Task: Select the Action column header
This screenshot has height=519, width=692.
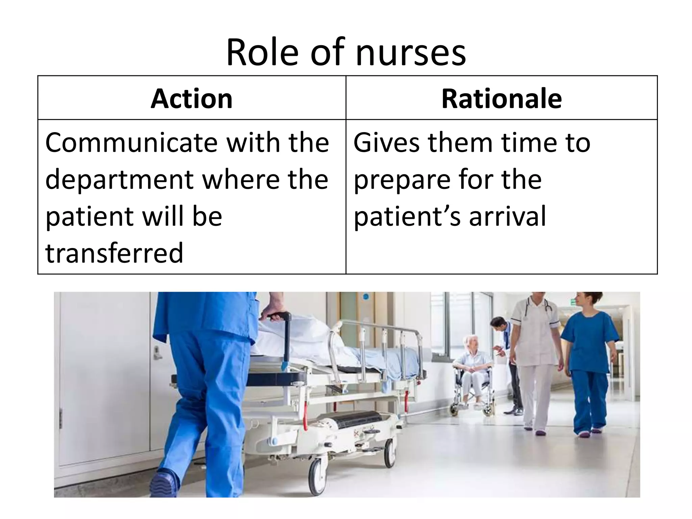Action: point(192,99)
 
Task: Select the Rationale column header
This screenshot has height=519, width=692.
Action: point(501,99)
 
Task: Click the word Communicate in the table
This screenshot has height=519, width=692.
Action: point(132,143)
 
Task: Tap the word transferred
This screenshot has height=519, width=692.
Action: point(114,253)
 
